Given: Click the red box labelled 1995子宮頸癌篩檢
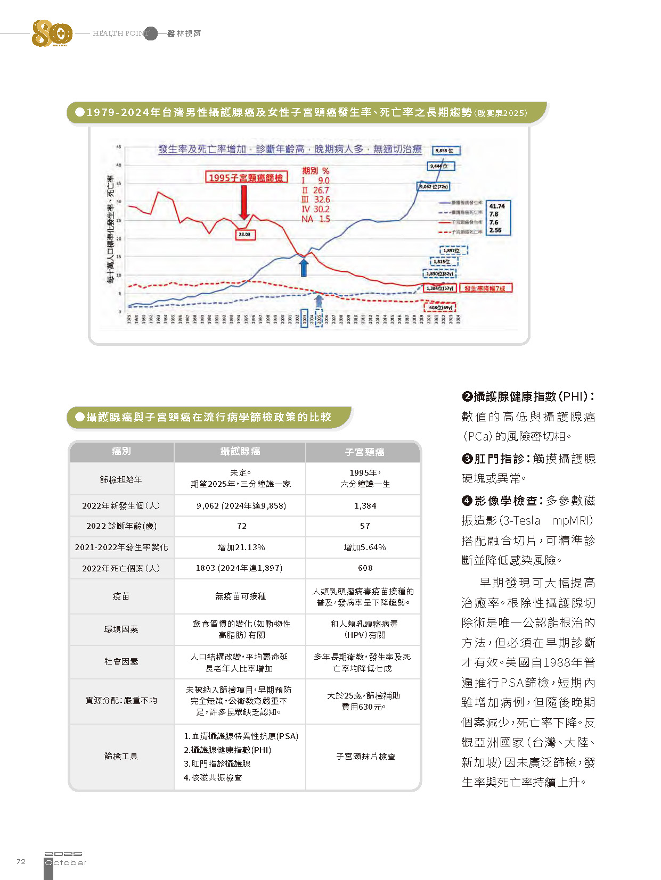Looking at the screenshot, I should point(246,177).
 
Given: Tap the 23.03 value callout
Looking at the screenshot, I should point(244,234).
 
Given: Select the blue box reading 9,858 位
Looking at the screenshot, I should point(446,151).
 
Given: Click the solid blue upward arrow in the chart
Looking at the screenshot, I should point(304,267).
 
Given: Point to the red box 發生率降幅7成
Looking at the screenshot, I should point(485,288).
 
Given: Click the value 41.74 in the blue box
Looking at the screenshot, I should point(497,206).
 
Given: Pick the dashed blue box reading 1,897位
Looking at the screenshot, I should point(454,250).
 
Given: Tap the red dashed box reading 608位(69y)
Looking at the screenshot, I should point(440,307).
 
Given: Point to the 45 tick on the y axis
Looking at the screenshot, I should point(119,147).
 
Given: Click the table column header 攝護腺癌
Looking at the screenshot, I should point(240,452).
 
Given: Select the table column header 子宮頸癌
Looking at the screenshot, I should point(364,452).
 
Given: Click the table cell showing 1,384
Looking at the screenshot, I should point(365,506).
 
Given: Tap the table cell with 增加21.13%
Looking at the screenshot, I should point(241,547).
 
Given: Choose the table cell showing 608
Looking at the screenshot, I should point(365,568).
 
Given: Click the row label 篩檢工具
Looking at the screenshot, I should point(121,757).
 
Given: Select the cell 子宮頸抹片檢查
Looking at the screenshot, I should point(365,757).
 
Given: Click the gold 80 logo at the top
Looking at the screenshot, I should point(52,34).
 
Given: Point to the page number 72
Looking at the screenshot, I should point(21,861).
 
